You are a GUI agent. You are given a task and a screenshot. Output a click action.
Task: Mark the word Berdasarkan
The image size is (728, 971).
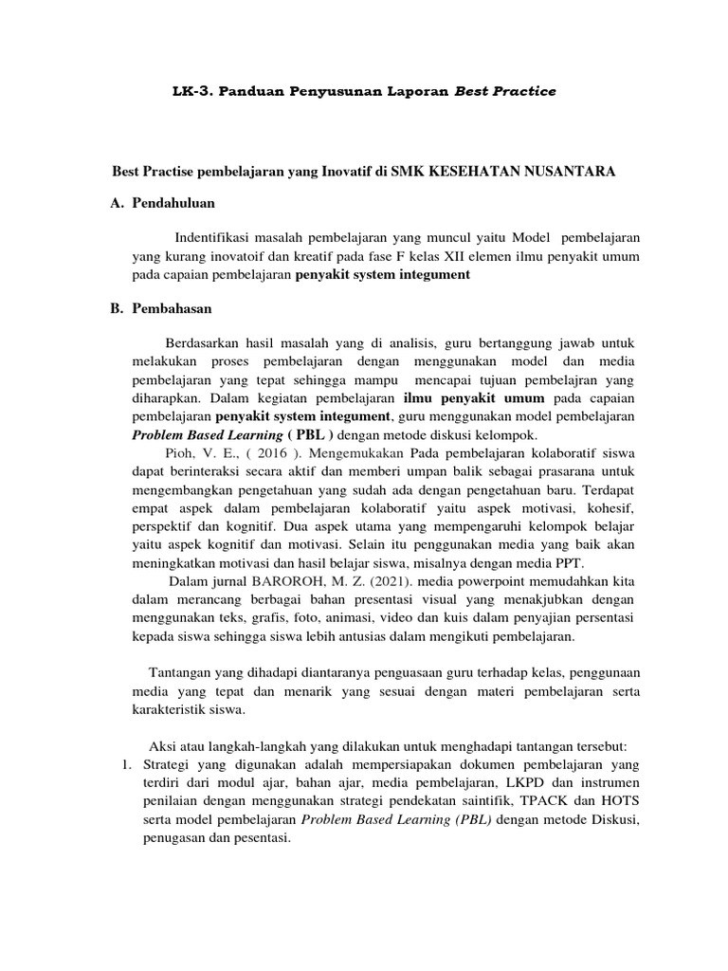[x=205, y=342]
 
